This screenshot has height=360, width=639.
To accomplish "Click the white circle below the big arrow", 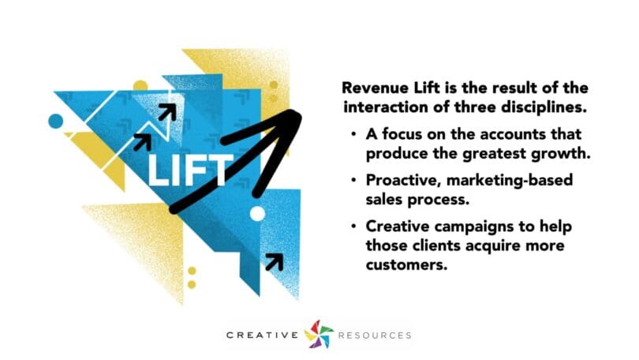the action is (257, 214).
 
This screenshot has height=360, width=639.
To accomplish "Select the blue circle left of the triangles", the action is (56, 121).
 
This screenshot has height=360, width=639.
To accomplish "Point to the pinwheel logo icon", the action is (319, 334).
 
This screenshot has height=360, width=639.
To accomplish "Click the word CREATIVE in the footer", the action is (263, 336).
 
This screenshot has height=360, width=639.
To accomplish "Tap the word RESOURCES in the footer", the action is (375, 336).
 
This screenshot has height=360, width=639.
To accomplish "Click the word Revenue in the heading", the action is (375, 88).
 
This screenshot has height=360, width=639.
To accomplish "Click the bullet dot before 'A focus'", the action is (353, 133).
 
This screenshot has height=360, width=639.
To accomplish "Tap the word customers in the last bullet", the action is (407, 265).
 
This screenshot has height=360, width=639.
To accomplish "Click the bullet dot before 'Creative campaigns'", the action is (353, 227).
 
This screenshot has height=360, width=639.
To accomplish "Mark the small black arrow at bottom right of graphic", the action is (275, 261).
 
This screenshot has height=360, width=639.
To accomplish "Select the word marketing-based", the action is (510, 181).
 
